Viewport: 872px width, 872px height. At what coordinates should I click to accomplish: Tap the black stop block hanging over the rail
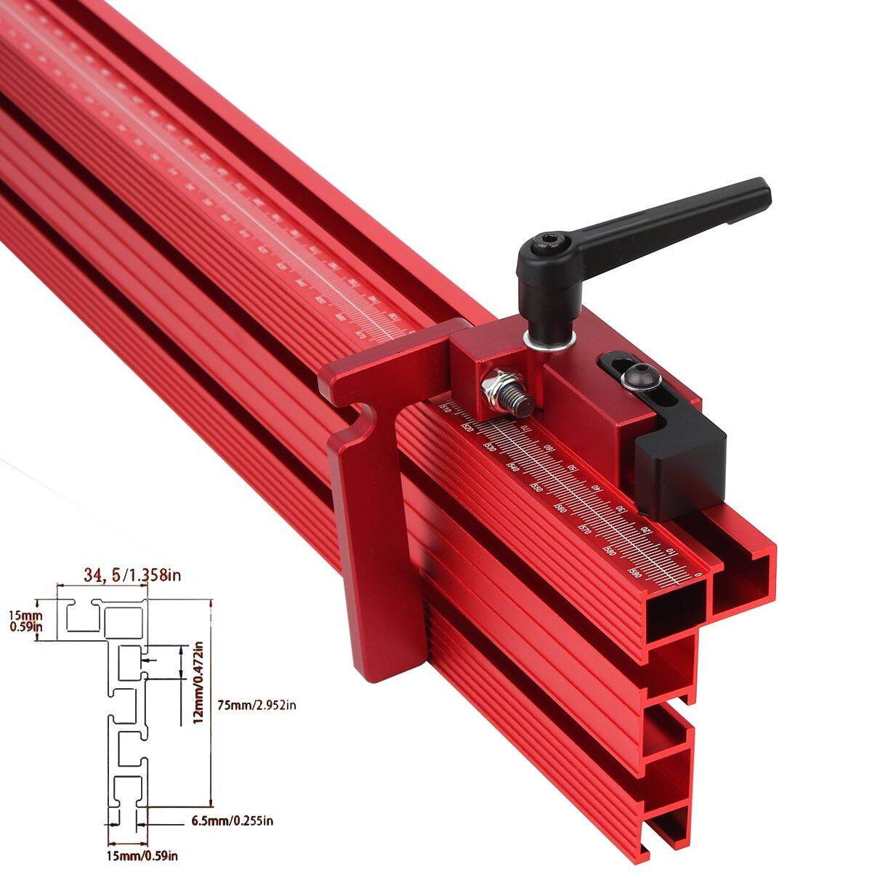[679, 469]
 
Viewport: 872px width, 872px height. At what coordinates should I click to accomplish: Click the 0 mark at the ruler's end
[698, 576]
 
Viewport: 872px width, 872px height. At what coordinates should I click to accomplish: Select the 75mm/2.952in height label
[257, 704]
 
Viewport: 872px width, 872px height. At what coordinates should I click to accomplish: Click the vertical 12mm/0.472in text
[196, 683]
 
